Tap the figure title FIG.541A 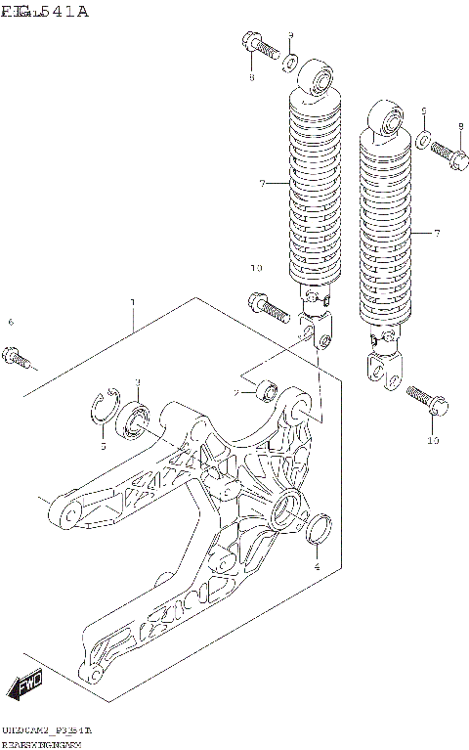coord(45,12)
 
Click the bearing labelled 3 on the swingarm coord(134,419)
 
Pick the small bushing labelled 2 coord(265,392)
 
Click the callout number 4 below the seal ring coord(317,565)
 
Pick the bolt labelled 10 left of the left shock coord(267,306)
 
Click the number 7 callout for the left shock coord(263,183)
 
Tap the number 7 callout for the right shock coord(437,233)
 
